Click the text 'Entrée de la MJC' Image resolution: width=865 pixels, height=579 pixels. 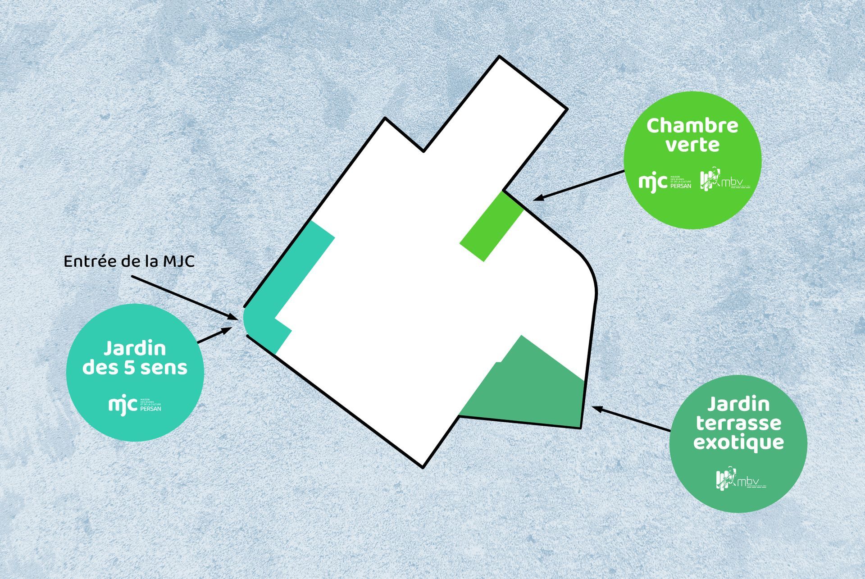click(129, 261)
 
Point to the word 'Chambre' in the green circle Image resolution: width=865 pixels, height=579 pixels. click(692, 126)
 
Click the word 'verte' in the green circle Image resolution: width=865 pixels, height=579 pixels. click(692, 145)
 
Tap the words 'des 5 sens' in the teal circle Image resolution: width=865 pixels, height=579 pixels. click(135, 368)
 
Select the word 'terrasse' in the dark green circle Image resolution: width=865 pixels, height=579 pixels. click(738, 423)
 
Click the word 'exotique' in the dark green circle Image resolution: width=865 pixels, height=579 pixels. click(738, 442)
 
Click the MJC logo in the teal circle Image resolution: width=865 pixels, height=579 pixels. click(135, 405)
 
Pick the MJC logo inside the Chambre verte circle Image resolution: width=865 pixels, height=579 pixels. click(665, 182)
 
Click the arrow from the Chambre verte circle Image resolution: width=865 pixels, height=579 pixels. click(579, 185)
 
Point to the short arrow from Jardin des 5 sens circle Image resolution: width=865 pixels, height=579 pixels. click(214, 336)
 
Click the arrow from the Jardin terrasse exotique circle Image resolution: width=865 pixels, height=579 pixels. click(631, 419)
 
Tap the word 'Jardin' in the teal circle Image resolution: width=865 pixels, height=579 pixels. click(135, 348)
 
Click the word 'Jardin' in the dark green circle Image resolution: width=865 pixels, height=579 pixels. click(738, 404)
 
